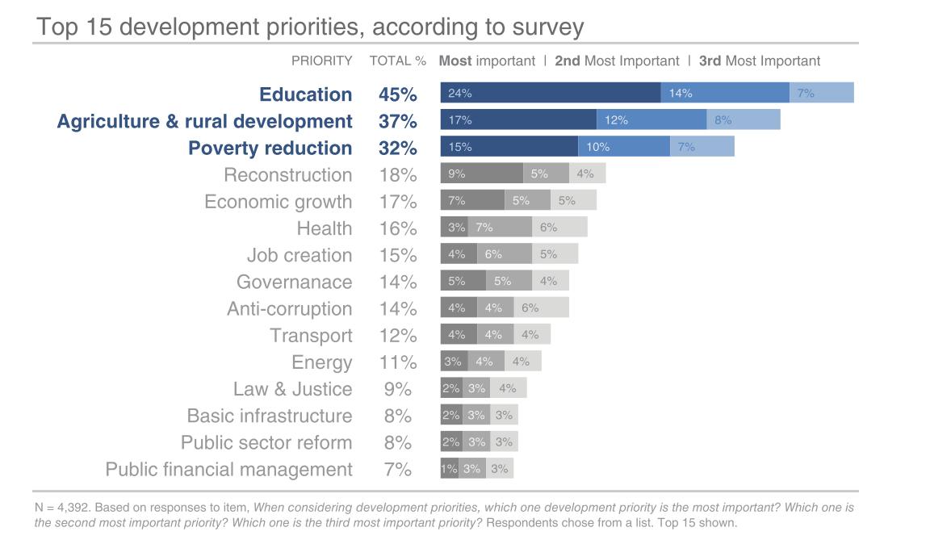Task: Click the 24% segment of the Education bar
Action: coord(550,93)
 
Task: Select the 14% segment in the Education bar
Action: coord(724,93)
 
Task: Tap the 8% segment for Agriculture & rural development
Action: coord(743,119)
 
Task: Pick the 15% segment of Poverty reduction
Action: coord(509,146)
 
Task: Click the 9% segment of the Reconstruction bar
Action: coord(481,173)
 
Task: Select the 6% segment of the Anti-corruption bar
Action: coord(541,308)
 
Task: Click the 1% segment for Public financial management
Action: coord(449,468)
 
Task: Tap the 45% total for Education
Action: coord(397,94)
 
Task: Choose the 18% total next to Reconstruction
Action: coord(397,175)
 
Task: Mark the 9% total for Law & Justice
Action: coord(397,389)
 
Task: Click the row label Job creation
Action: coord(300,255)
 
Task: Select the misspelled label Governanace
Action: coord(294,282)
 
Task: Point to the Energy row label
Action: coord(321,362)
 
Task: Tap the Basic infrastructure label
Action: coord(270,416)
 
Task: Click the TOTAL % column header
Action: coord(397,61)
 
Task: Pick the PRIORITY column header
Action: coord(321,61)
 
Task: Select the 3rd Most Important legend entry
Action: coord(759,61)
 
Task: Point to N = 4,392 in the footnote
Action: coord(61,508)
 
